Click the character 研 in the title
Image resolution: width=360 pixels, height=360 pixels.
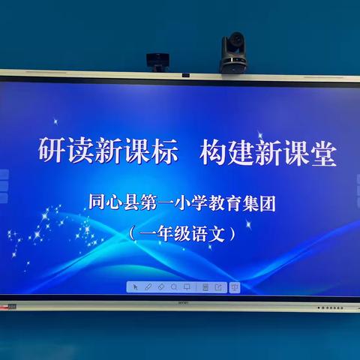pos(51,153)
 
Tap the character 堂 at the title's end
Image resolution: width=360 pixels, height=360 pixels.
pos(324,153)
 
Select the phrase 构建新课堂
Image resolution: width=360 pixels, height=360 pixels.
pos(268,153)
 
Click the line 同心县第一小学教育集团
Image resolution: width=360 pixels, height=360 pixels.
pos(181,202)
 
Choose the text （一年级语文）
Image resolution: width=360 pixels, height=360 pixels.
pos(181,233)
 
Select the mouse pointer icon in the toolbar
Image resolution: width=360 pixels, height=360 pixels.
pos(135,286)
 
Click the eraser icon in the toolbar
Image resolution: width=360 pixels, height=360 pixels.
pos(161,286)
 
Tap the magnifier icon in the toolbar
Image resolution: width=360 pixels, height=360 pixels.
pos(174,286)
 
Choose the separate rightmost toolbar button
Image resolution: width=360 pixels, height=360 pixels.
pos(234,286)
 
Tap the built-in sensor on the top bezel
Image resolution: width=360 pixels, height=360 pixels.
pos(185,75)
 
